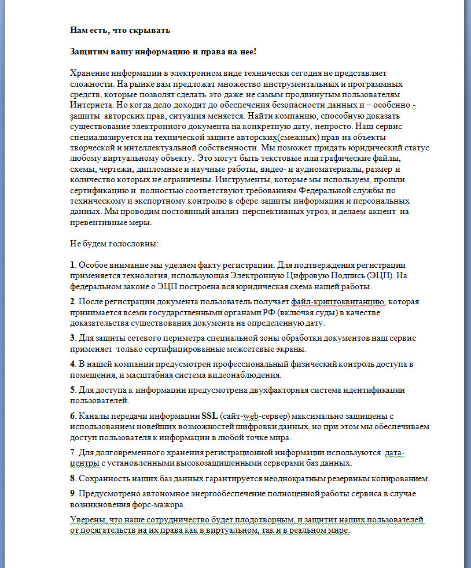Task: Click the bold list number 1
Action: [x=72, y=265]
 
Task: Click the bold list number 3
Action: [x=72, y=338]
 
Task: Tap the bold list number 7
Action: [x=72, y=452]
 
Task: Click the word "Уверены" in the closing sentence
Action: [x=87, y=520]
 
